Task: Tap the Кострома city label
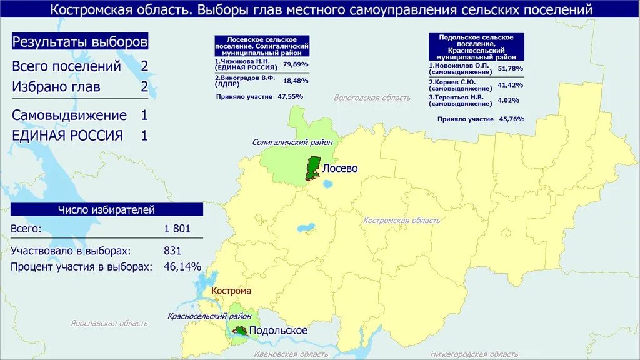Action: click(231, 291)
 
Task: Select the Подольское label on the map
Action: click(278, 331)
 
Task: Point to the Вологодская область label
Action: click(372, 97)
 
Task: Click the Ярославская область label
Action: click(109, 323)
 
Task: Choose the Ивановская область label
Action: click(291, 354)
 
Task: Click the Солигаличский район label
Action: click(292, 142)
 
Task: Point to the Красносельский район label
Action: click(209, 317)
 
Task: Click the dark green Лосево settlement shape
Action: click(312, 168)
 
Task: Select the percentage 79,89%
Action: click(296, 64)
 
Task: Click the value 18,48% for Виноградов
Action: click(296, 81)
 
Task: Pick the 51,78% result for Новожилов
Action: click(511, 68)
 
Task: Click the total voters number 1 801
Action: click(177, 229)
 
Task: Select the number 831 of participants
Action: click(172, 251)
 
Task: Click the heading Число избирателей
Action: click(106, 210)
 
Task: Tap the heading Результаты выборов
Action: click(80, 42)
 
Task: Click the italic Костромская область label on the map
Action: click(402, 221)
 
